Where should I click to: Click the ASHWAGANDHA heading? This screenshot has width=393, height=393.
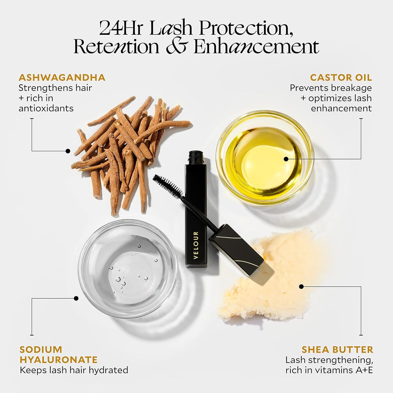(62, 78)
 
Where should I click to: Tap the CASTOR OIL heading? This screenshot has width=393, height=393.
(341, 78)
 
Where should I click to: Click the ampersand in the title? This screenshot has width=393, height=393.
(176, 47)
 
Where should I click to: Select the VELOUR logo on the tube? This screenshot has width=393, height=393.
(196, 245)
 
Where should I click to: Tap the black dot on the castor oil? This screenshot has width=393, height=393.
(286, 159)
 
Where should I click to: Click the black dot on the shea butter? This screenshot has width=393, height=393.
(301, 287)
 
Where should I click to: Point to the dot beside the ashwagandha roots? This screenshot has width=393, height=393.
(68, 151)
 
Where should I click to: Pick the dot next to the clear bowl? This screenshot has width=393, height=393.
(76, 298)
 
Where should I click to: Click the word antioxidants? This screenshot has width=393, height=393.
(46, 109)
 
